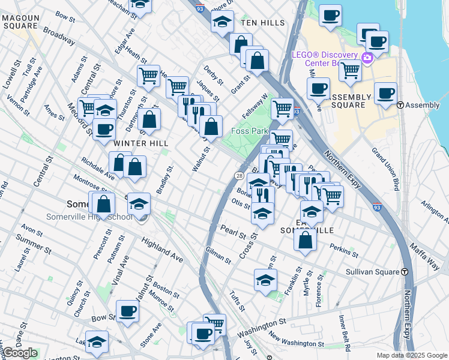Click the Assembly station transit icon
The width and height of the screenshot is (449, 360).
tap(400, 105)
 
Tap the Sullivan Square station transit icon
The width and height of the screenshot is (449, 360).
tap(405, 272)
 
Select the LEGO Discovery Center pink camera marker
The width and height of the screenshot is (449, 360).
tap(367, 58)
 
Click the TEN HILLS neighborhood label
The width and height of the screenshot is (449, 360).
tap(262, 22)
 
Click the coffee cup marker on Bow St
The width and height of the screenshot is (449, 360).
tap(127, 311)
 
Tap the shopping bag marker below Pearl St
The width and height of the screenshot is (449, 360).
tap(306, 240)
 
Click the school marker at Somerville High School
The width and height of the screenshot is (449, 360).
tap(139, 205)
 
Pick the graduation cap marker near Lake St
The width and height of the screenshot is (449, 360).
tap(97, 341)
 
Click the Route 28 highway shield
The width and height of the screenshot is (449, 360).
tap(238, 175)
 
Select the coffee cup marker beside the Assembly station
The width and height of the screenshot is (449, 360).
tap(385, 93)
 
